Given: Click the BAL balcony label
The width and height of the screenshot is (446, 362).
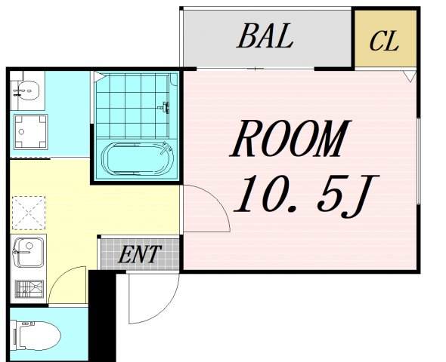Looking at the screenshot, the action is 265,36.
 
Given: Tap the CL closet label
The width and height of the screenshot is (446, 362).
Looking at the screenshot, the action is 384,41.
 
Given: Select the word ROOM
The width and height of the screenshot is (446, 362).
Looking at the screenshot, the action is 290,139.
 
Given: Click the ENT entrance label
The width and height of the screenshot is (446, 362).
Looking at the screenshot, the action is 140,254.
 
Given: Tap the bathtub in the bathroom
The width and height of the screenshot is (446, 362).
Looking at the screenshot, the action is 137,159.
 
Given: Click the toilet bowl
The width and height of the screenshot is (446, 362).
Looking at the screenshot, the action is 36,336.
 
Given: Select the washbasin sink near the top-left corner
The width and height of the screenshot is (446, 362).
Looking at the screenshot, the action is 27,90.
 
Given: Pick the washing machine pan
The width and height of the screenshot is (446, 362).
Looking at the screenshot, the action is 31,132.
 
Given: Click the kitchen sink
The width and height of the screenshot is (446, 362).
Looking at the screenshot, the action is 29,252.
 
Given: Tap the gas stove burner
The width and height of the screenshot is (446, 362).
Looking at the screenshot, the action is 29,290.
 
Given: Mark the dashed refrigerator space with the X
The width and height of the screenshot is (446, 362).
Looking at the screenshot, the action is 29,213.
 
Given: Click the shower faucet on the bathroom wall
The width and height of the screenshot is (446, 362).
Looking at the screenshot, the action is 164,107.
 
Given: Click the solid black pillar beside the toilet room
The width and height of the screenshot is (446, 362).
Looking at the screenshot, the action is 102,315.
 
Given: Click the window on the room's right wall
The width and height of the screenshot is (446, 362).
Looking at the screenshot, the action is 419,161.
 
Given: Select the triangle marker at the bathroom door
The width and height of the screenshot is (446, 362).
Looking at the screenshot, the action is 99,77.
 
